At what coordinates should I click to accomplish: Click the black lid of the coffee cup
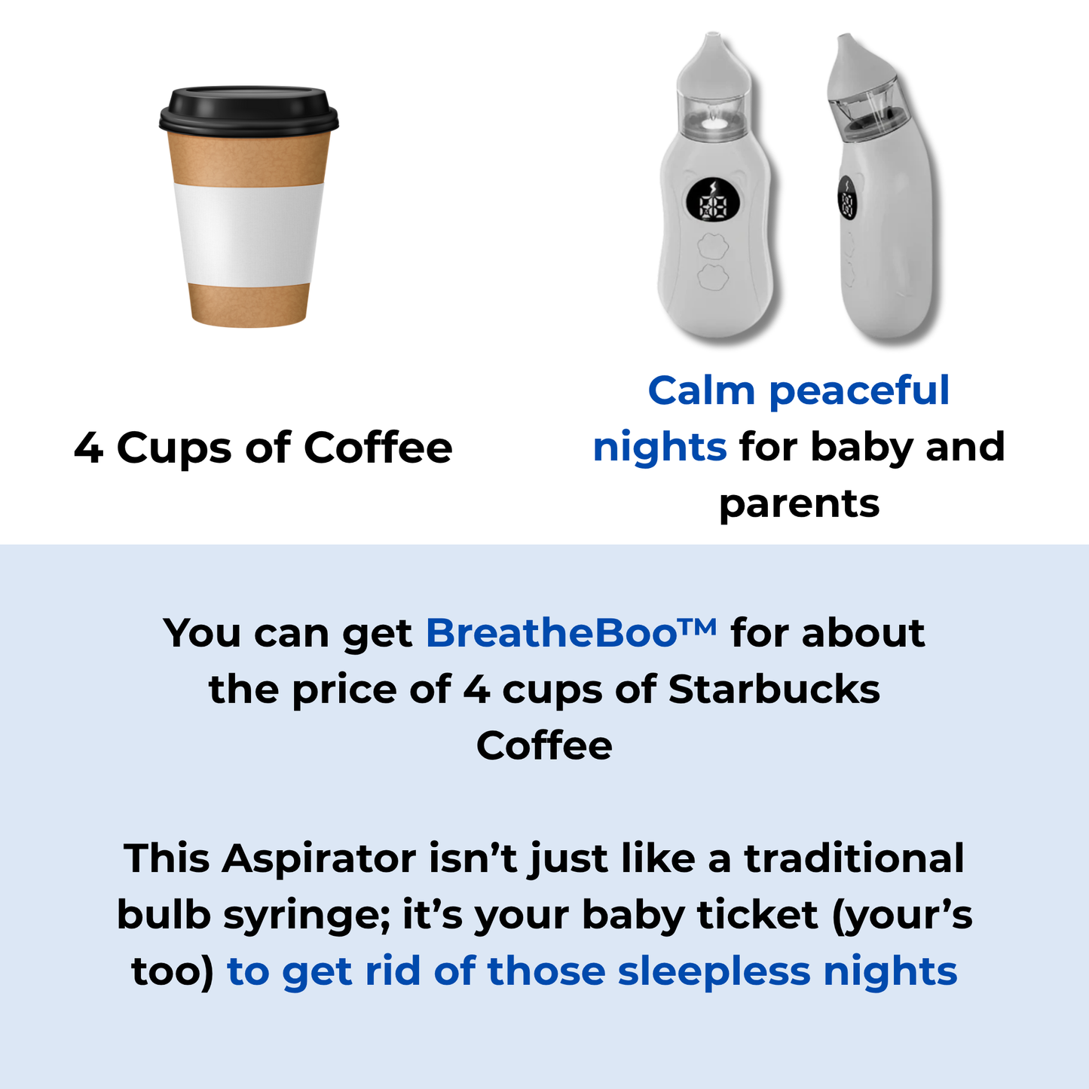tap(249, 110)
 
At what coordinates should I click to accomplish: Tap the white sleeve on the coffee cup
tap(249, 234)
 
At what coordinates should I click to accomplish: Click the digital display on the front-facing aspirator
tap(713, 200)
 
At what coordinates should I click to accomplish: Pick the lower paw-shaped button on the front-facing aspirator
tap(713, 277)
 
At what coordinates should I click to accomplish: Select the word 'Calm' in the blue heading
tap(702, 390)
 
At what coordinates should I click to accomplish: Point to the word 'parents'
tap(799, 505)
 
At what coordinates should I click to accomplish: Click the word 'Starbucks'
tap(774, 690)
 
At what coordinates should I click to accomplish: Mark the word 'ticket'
tap(758, 916)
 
